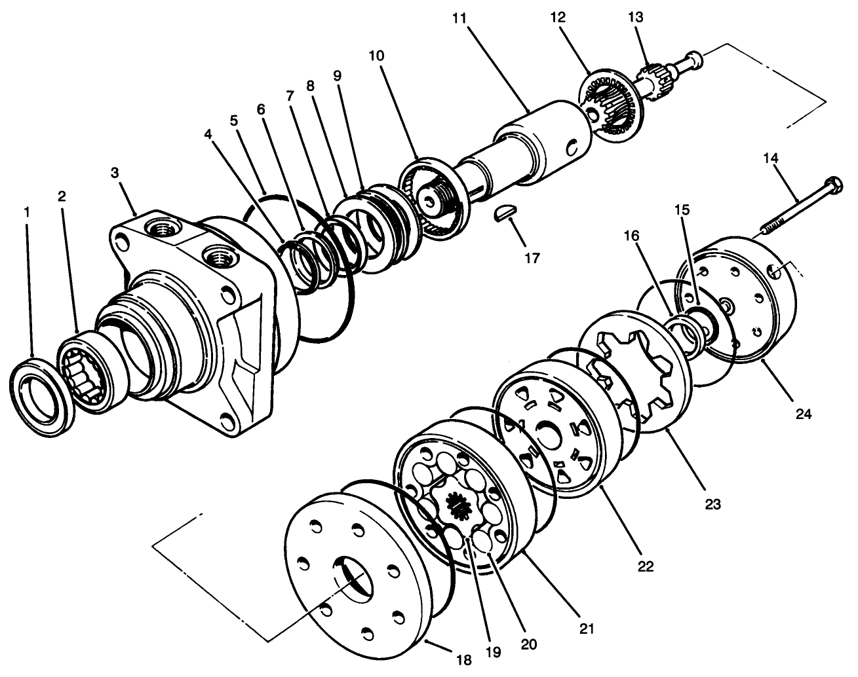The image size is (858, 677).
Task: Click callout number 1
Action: pos(27,213)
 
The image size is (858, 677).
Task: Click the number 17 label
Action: pos(532,258)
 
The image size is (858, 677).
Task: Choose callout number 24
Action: pos(804,414)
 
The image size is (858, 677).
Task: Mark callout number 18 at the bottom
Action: pos(463,660)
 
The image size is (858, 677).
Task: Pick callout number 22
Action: pos(646,566)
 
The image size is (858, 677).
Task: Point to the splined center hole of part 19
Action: pos(459,506)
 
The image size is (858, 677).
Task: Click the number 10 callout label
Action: pos(376,56)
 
